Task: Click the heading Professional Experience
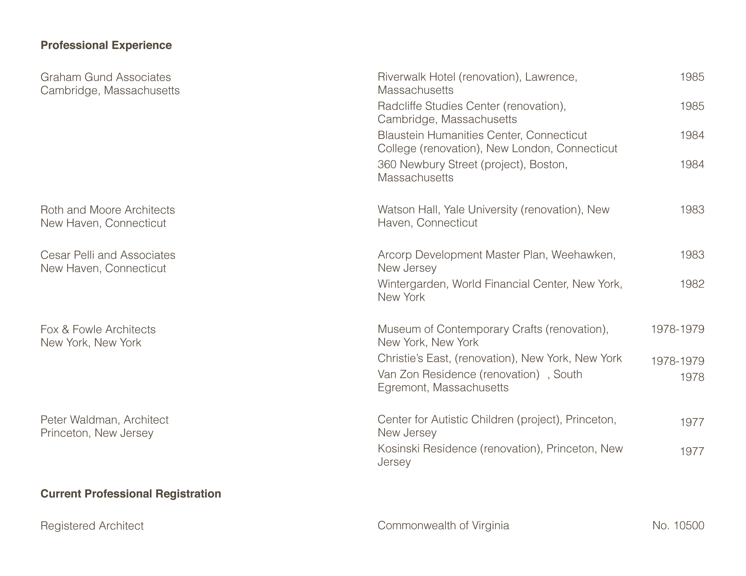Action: tap(106, 45)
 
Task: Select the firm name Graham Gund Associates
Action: tap(106, 77)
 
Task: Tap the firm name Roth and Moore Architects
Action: tap(108, 210)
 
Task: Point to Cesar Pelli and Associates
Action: tap(108, 255)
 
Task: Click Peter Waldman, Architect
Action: tap(104, 420)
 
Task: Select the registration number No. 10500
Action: tap(678, 525)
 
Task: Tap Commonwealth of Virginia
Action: tap(443, 525)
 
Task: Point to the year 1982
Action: tap(692, 284)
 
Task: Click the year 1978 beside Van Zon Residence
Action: tap(692, 377)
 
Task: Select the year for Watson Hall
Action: tap(692, 210)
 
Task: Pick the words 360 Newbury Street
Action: tap(427, 164)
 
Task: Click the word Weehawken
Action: tap(583, 255)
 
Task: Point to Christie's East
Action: tap(414, 358)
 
